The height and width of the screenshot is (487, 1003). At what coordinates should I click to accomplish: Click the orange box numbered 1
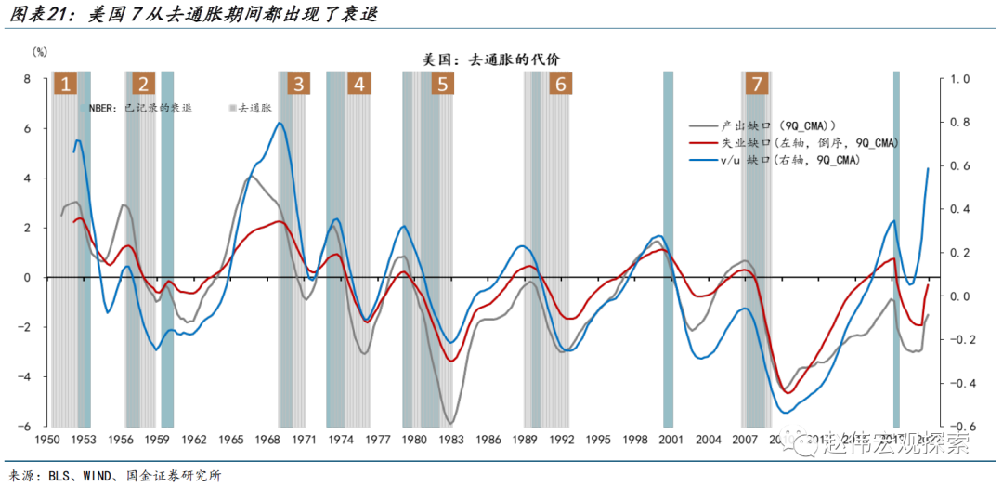[65, 85]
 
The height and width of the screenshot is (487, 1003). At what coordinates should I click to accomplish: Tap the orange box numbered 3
[298, 85]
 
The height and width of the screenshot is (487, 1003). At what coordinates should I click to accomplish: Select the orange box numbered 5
[442, 85]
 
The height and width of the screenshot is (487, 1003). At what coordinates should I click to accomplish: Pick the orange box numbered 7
[757, 85]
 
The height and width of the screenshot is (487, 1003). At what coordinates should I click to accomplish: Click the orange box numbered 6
[559, 85]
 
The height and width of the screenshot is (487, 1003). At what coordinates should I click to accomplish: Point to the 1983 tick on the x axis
[451, 440]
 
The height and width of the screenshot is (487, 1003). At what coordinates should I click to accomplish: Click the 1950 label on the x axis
[47, 440]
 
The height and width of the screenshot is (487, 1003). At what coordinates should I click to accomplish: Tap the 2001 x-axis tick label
[671, 440]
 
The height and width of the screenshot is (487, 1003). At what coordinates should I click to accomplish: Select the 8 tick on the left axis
[28, 80]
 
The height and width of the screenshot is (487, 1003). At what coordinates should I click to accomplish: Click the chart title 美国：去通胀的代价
[490, 59]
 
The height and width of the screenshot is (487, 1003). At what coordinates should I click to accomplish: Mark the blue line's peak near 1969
[280, 123]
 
